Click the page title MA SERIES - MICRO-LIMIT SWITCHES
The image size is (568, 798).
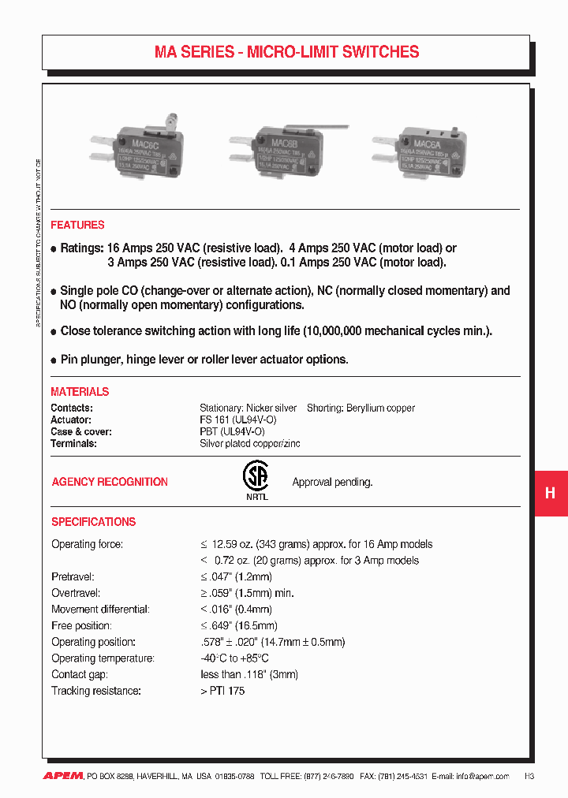tap(286, 53)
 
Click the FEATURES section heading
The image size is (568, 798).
tap(77, 225)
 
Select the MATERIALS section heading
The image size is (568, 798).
tap(80, 392)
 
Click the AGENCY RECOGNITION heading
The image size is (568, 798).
tap(110, 482)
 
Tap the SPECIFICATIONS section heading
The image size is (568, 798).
tap(93, 522)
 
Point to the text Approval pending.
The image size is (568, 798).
tap(332, 482)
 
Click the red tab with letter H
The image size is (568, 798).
tap(551, 493)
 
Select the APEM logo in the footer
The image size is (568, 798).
tap(62, 776)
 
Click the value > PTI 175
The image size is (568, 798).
tap(222, 691)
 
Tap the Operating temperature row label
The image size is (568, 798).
tap(103, 658)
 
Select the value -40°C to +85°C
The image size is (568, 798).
tap(234, 658)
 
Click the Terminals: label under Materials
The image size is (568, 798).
tap(73, 444)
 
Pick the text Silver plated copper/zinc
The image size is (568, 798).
tap(249, 444)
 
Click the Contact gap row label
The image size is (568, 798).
tap(80, 675)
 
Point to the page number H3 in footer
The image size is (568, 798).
tap(529, 776)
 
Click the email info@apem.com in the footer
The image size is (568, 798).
tap(483, 776)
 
